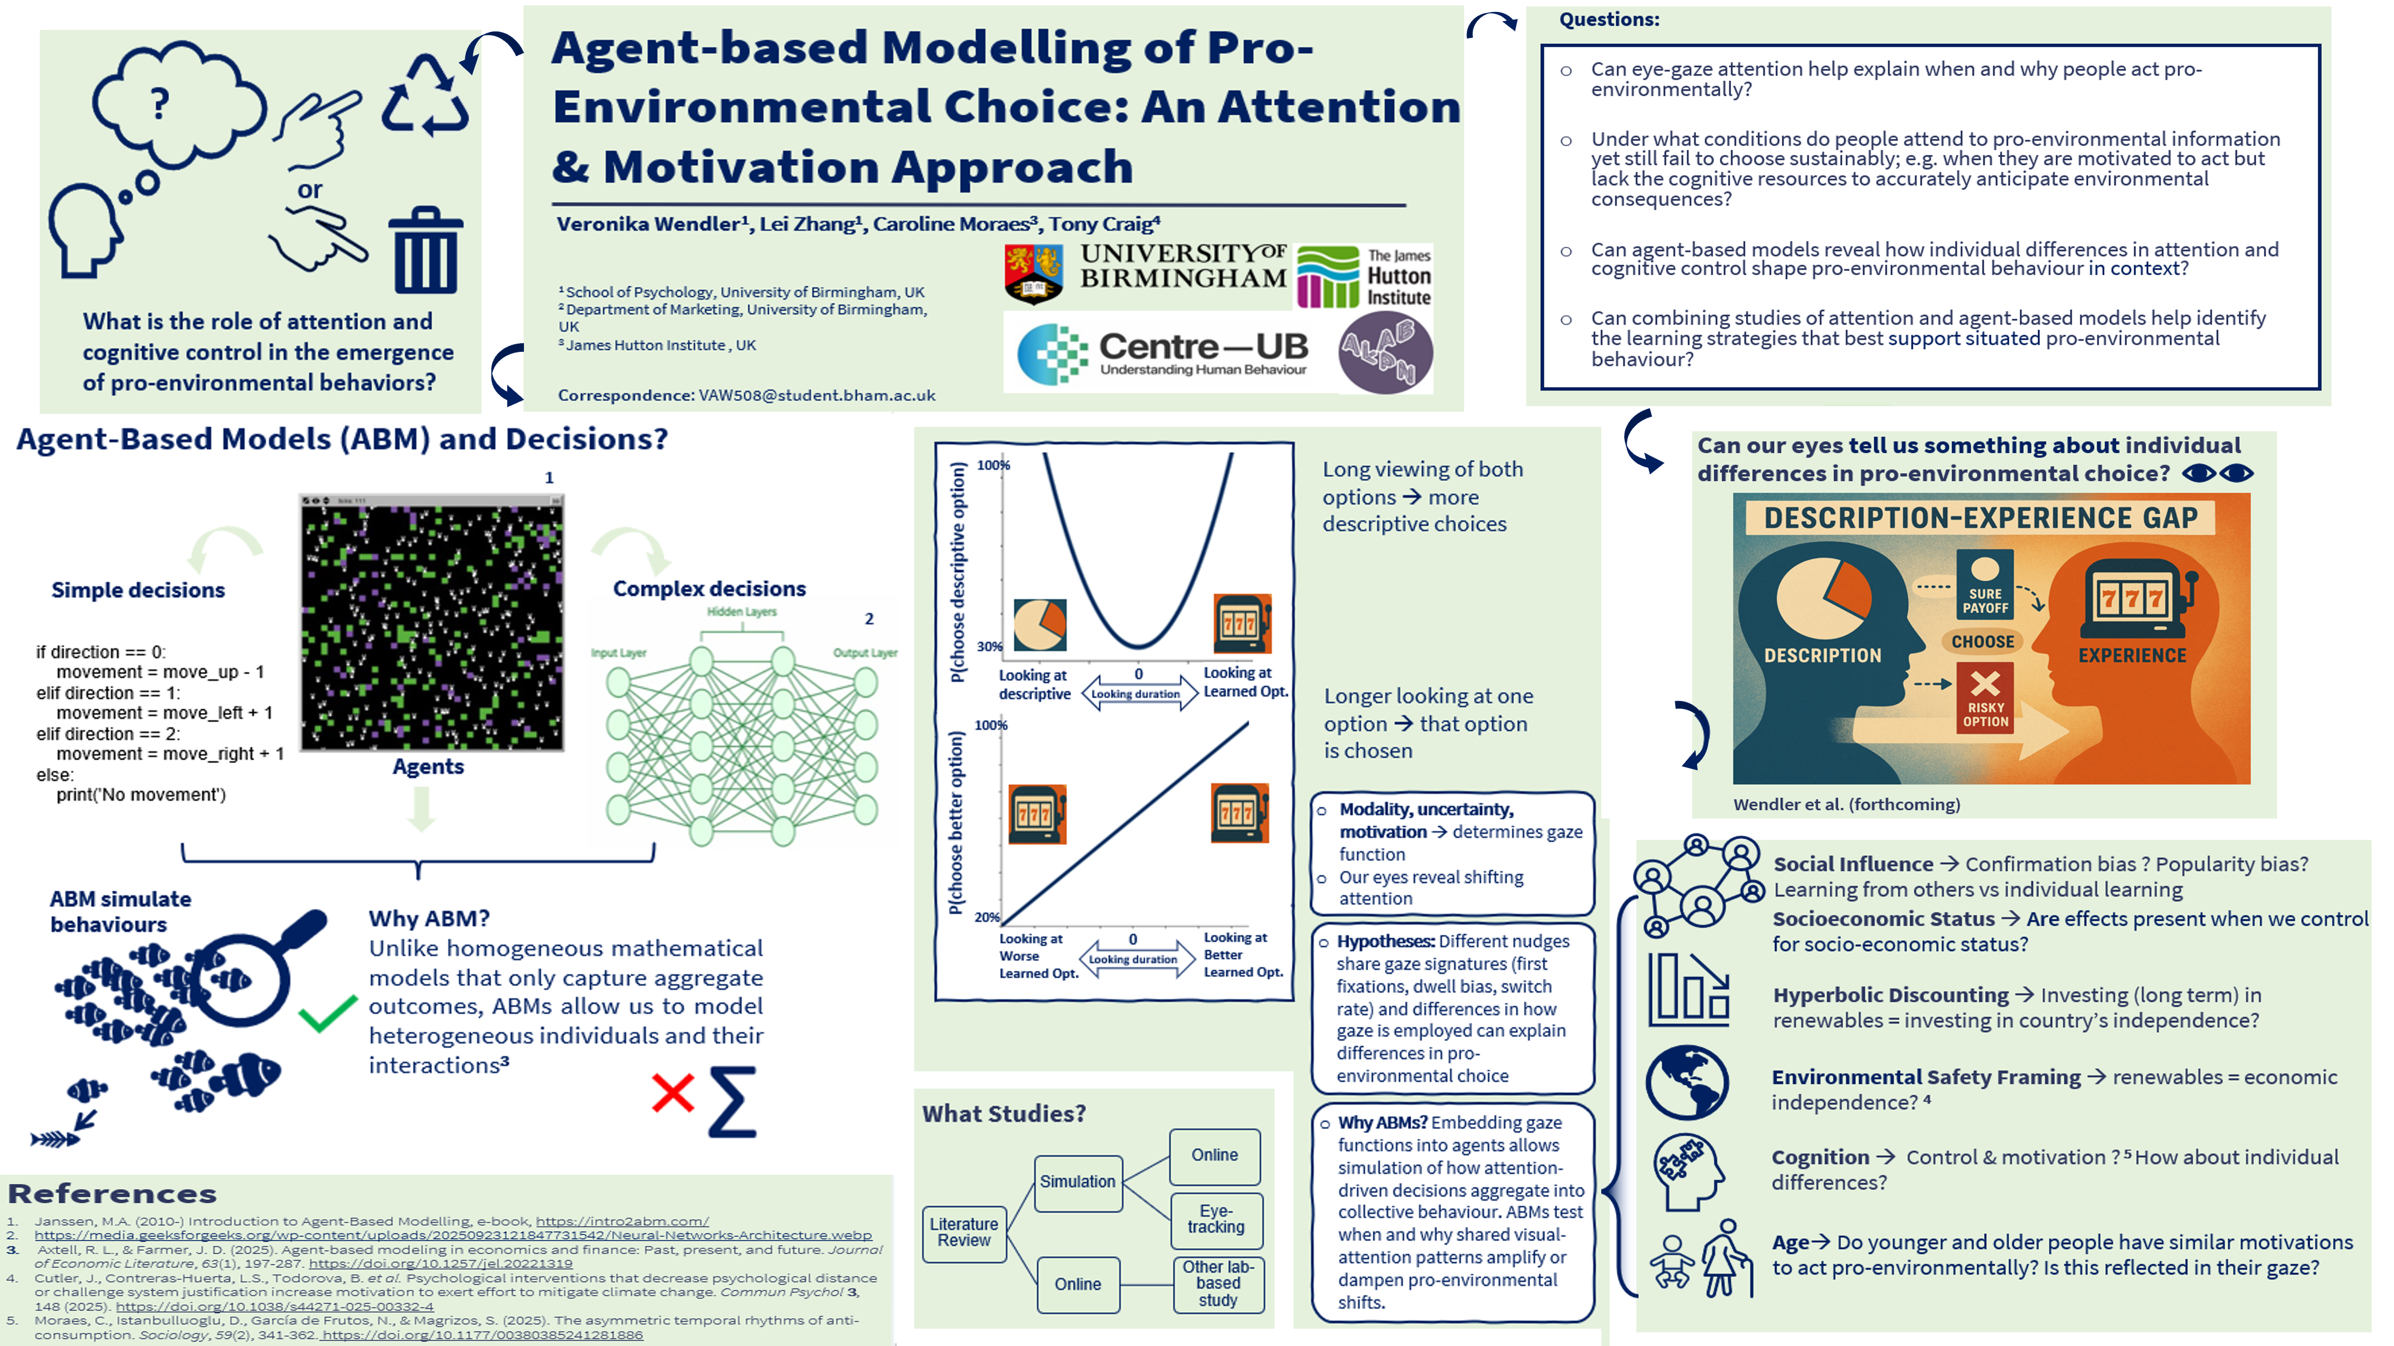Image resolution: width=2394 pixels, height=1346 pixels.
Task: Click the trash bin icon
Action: pyautogui.click(x=425, y=251)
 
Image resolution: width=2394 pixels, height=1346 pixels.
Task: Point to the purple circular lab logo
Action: pyautogui.click(x=1385, y=351)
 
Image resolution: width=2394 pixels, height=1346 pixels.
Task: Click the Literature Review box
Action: pyautogui.click(x=964, y=1233)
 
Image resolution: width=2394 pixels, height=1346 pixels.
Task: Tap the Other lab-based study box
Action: pyautogui.click(x=1218, y=1284)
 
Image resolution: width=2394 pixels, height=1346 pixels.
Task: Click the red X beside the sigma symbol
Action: pyautogui.click(x=673, y=1093)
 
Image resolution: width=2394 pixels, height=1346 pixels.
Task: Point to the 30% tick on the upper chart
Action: pyautogui.click(x=989, y=647)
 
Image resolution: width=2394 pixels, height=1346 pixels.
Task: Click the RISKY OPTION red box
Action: pyautogui.click(x=1985, y=698)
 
